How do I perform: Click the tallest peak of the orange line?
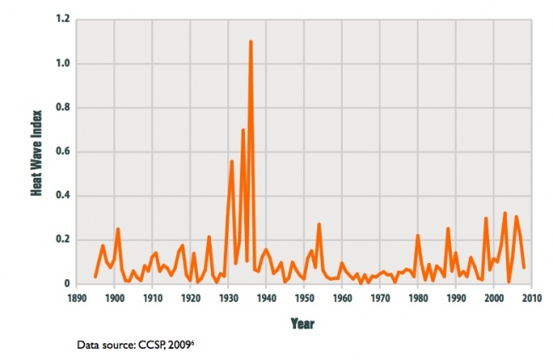pos(251,42)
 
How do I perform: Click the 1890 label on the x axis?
pos(77,298)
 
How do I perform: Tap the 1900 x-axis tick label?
pos(114,298)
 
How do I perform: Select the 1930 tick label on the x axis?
pos(228,298)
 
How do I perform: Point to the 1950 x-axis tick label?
pos(304,298)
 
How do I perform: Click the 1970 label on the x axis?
pos(379,298)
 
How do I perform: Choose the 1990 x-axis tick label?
pos(455,298)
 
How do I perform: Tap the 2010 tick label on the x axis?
pos(530,298)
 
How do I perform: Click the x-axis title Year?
pos(303,323)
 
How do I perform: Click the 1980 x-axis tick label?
pos(417,298)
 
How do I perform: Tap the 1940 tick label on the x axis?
pos(265,298)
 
